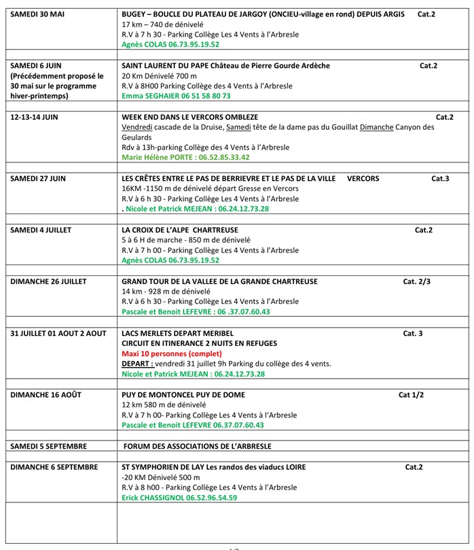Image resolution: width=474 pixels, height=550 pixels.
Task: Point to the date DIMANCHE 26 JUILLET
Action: pos(48,281)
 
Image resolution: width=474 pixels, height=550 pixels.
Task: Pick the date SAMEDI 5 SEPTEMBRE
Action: pos(48,446)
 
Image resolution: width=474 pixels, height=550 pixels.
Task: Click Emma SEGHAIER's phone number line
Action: pos(166,97)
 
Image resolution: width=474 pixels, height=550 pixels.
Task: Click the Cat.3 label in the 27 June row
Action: pos(440,178)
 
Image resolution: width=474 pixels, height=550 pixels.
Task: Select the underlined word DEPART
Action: pos(137,364)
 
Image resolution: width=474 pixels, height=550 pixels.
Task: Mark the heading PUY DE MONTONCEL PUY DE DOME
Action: pos(183,394)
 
